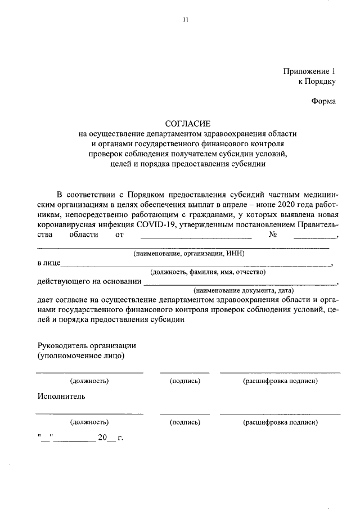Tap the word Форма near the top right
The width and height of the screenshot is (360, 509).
pyautogui.click(x=323, y=101)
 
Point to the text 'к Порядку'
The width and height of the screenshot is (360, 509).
pyautogui.click(x=317, y=82)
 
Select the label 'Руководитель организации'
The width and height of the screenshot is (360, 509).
pyautogui.click(x=87, y=345)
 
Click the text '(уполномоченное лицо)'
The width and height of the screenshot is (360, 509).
pyautogui.click(x=81, y=355)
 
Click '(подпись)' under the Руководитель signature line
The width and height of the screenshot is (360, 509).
pyautogui.click(x=185, y=381)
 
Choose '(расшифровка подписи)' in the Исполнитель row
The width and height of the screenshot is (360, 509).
pyautogui.click(x=280, y=422)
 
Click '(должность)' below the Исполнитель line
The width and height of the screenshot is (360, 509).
pyautogui.click(x=89, y=422)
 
